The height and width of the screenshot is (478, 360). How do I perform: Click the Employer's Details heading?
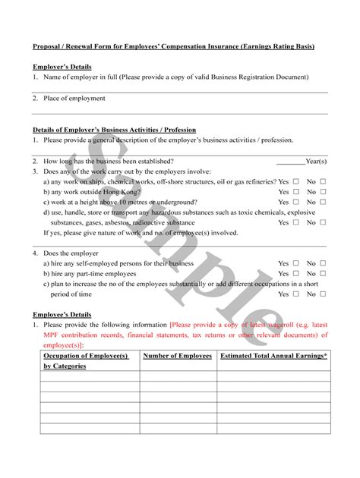62,67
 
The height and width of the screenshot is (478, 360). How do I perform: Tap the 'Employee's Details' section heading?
62,314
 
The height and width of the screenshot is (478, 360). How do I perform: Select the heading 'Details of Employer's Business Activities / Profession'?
114,130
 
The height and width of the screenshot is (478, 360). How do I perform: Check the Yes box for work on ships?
296,182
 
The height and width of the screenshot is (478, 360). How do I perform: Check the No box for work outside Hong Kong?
324,193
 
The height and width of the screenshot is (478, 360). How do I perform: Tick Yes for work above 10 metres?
296,203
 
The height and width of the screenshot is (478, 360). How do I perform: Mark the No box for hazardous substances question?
324,223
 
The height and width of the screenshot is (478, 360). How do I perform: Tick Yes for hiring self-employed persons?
296,263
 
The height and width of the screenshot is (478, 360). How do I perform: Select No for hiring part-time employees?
324,273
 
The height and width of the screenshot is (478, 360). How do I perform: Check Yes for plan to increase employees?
296,294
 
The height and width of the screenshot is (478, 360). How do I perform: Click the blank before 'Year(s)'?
290,162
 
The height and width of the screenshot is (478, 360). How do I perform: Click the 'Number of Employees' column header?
178,356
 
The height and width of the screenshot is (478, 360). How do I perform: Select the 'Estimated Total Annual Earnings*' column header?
273,356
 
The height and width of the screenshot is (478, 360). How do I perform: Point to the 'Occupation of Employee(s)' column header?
86,356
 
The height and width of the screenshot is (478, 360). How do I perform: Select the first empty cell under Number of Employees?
178,376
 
